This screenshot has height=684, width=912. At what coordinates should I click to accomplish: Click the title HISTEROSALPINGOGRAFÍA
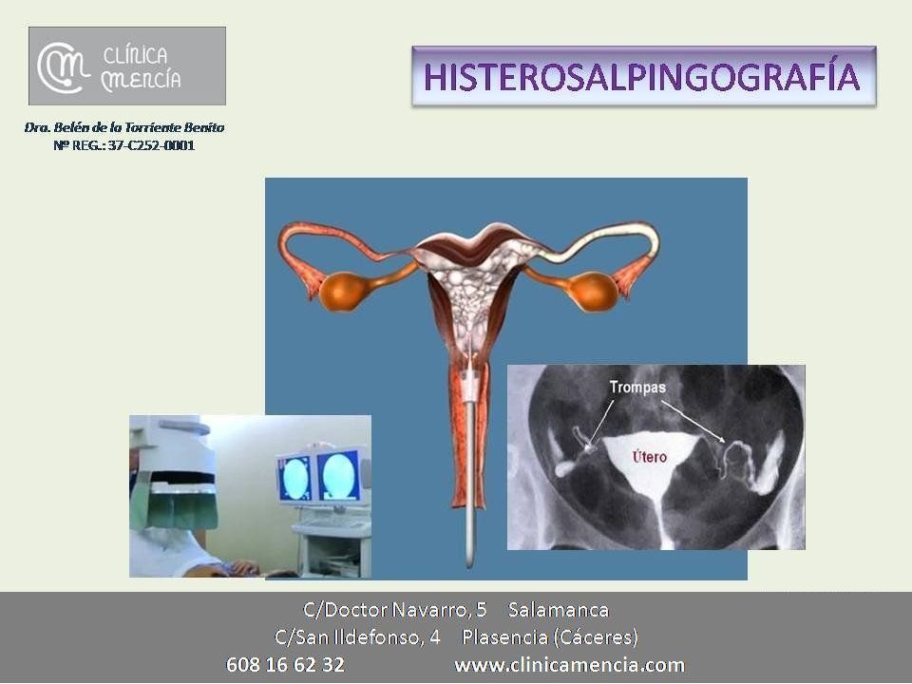click(x=642, y=77)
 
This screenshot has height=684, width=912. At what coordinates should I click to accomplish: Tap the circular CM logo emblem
click(x=63, y=66)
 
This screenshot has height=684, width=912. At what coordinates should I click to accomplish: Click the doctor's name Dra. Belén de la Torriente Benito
click(x=124, y=127)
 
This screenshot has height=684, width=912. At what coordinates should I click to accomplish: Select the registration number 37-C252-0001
click(x=151, y=145)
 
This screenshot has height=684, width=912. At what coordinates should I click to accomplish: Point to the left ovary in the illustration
click(x=344, y=292)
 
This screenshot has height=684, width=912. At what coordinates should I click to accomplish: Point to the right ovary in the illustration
click(x=593, y=292)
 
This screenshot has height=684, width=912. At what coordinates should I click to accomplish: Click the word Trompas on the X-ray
click(x=637, y=388)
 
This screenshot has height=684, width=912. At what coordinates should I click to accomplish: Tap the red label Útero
click(x=649, y=457)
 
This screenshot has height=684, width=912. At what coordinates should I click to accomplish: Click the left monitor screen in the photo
click(x=296, y=479)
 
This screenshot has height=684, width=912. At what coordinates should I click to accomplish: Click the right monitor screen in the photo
click(x=339, y=477)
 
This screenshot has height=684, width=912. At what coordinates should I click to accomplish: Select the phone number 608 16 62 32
click(x=285, y=664)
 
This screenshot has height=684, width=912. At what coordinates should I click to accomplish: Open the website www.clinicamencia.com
click(x=569, y=664)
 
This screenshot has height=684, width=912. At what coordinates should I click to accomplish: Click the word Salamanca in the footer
click(x=559, y=610)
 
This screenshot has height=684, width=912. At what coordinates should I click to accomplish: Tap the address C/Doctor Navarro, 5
click(x=394, y=610)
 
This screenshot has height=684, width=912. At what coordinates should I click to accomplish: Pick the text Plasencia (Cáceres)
click(x=550, y=637)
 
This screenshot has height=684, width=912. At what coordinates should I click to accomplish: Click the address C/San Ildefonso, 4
click(x=357, y=637)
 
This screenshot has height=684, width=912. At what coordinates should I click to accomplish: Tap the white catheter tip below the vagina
click(x=469, y=563)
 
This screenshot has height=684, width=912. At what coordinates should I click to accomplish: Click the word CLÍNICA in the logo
click(x=135, y=56)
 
